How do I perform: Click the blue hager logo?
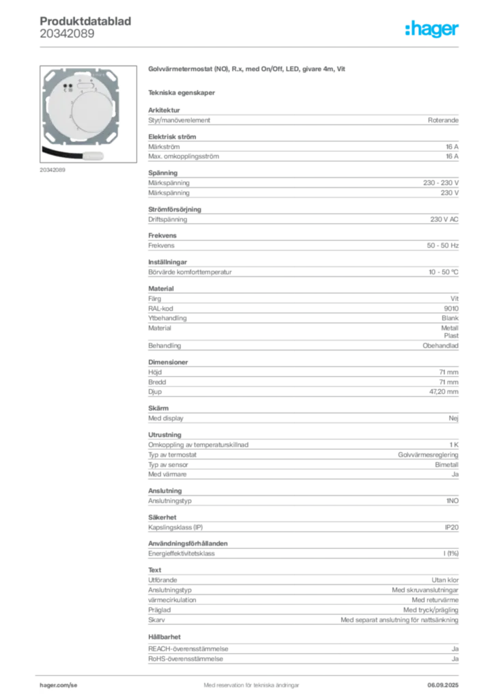coord(433,30)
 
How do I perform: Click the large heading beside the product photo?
coord(248,70)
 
